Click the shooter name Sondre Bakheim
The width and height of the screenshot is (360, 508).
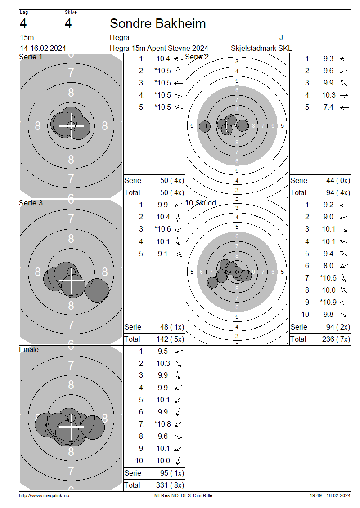157,24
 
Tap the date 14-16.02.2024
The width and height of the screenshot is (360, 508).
43,48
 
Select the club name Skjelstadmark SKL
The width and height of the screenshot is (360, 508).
261,48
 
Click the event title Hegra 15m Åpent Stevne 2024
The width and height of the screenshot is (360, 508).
159,48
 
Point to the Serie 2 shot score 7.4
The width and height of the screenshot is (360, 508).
328,107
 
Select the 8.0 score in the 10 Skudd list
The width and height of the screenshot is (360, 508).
328,266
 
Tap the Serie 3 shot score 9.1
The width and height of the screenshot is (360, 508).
163,254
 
